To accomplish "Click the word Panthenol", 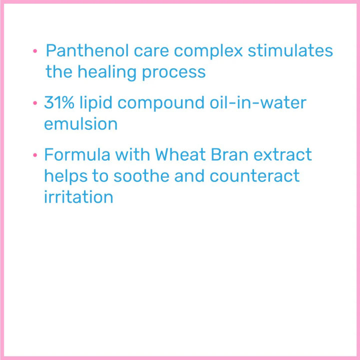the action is coord(87,50).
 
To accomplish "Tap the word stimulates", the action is coord(290,50).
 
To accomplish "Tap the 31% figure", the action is coord(59,102).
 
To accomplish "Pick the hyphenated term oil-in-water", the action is coord(258,102).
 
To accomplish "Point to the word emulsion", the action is coord(81,123).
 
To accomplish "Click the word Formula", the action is coord(77,154).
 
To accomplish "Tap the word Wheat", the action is coord(180,154).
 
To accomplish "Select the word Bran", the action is coord(229,154).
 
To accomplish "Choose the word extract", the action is coord(282,154).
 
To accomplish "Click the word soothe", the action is coord(141,175).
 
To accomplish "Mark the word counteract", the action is coord(254,176).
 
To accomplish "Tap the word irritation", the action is coord(78,196).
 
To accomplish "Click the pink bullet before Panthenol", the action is coord(35,50).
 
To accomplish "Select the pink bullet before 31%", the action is coord(35,102).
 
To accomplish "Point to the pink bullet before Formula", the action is coord(35,155).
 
